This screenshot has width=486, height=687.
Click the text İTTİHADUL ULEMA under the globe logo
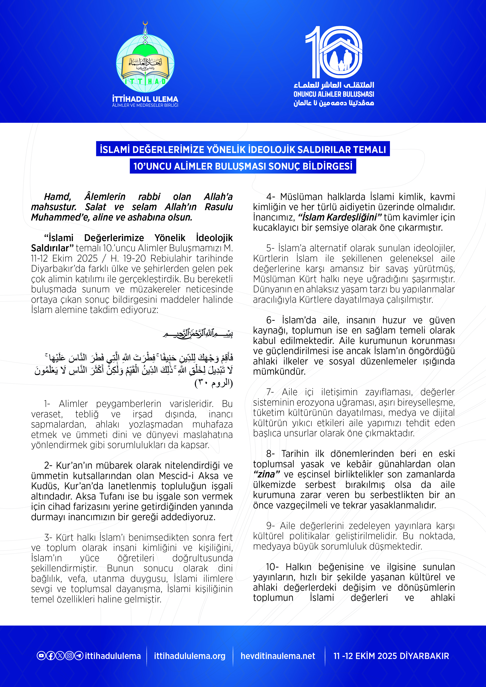tap(145, 99)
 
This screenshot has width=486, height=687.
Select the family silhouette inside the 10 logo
tap(341, 60)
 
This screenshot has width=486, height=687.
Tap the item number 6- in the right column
tap(270, 320)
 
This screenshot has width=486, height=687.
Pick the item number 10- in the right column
tap(272, 567)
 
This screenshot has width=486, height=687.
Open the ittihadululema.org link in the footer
tap(190, 656)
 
